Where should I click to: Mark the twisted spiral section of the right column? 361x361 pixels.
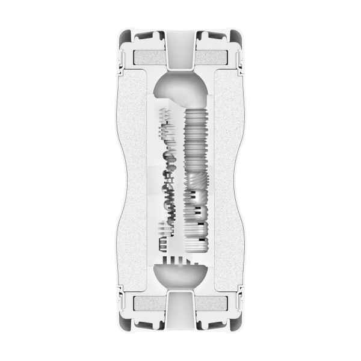[196, 180]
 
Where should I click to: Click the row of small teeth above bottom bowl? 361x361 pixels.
[180, 260]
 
